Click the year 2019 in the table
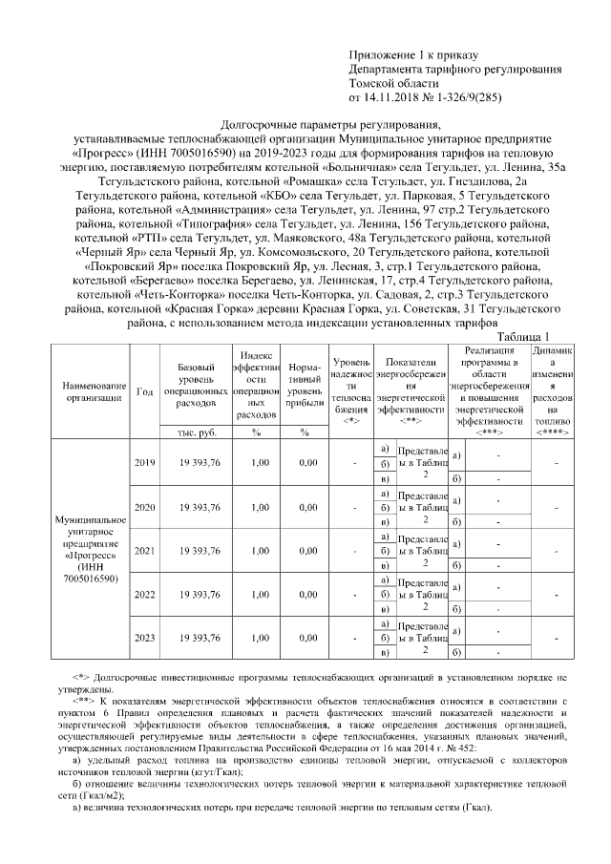click(x=145, y=463)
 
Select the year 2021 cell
click(x=145, y=551)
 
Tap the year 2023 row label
click(x=145, y=637)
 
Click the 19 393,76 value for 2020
click(x=199, y=507)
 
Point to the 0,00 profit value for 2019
click(x=306, y=463)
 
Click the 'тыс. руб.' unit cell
click(x=199, y=432)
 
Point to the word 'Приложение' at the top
click(x=382, y=57)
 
